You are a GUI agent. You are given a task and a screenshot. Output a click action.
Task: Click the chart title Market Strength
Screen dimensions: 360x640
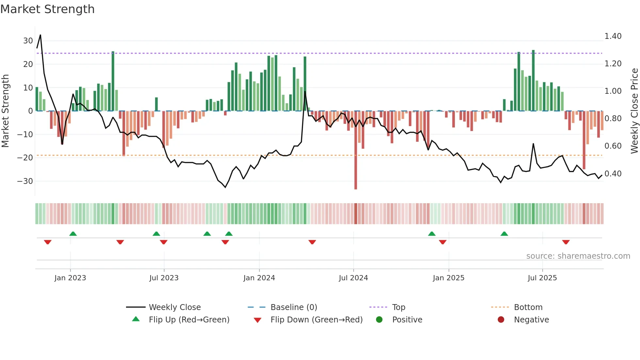coord(47,9)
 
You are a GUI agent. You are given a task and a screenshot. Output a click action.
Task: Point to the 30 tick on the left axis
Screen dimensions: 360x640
coord(28,41)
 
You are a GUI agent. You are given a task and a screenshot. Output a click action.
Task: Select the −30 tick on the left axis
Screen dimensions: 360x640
coord(25,181)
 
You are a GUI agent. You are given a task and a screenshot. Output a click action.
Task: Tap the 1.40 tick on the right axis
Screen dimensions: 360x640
coord(613,36)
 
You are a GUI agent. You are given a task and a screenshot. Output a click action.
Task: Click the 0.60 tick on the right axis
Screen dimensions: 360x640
coord(613,146)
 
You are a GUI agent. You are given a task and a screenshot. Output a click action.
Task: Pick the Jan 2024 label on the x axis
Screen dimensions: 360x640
coord(259,278)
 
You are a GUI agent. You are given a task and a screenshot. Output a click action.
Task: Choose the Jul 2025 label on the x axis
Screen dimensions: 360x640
coord(542,278)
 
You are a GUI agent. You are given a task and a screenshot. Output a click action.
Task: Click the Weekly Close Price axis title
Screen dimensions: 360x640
coord(634,111)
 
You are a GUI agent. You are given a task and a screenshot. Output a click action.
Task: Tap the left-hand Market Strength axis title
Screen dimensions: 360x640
coord(5,111)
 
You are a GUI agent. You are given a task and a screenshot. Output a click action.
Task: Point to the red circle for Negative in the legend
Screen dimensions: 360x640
coord(501,319)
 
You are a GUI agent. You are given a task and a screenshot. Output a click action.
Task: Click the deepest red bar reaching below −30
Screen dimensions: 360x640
coord(356,163)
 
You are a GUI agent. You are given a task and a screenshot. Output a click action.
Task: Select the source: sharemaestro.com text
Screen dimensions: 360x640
coord(578,256)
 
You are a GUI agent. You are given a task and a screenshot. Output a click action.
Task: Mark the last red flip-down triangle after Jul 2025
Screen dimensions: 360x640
coord(566,242)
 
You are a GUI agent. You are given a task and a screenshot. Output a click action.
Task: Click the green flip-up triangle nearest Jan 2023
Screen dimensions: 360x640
coord(73,234)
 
